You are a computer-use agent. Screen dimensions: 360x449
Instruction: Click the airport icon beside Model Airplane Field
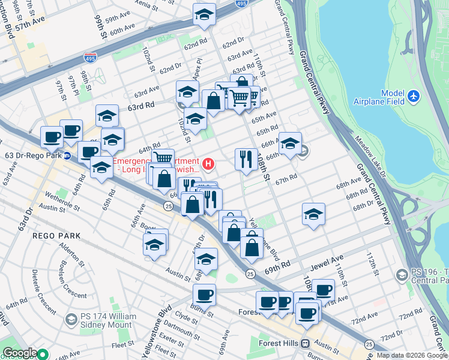coord(414,95)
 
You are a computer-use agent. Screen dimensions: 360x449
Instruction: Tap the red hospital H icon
coord(208,163)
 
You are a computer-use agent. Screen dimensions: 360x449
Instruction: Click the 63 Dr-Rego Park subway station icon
coord(67,156)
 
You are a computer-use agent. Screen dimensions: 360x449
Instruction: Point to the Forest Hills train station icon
coord(306,344)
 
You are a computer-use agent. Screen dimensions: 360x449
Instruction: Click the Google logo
coord(20,353)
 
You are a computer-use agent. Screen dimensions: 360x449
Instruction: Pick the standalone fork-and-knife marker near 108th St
coord(246,159)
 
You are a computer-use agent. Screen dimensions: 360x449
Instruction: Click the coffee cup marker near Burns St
coord(205,295)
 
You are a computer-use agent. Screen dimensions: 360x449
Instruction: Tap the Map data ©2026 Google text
coord(412,355)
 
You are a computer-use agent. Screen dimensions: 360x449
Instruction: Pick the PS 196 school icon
coord(402,275)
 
